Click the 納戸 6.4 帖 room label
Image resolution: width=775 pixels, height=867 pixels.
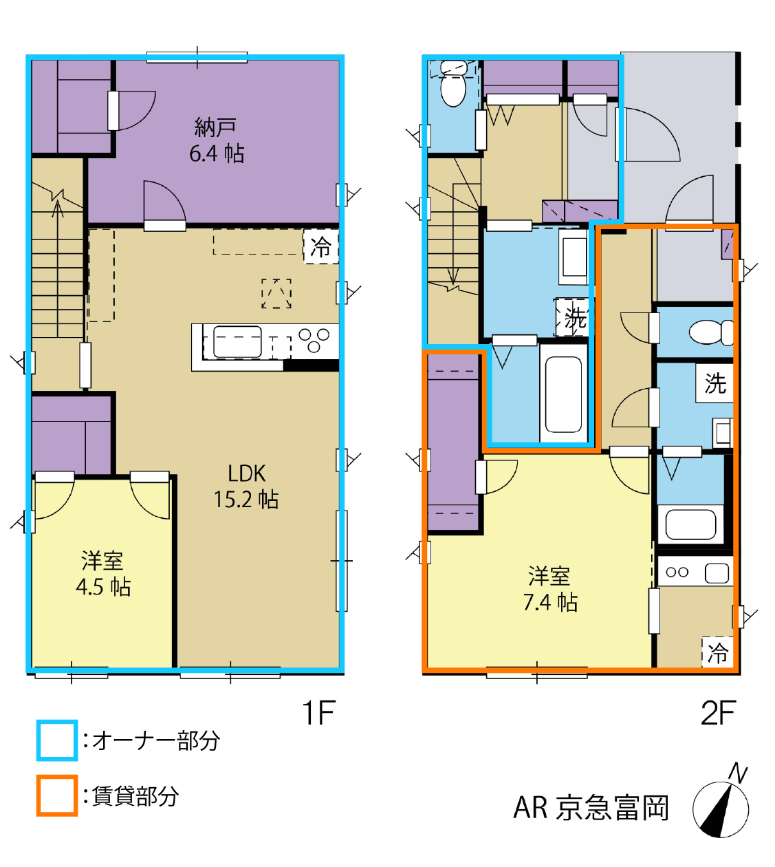[x=217, y=140]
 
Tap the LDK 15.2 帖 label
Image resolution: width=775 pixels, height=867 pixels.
[x=246, y=486]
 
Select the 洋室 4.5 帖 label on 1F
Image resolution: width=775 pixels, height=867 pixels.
[x=103, y=574]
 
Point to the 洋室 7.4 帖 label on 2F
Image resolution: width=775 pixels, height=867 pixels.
[x=550, y=589]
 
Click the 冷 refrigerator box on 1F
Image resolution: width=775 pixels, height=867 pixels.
[x=320, y=246]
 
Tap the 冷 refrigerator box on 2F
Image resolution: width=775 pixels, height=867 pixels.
[x=718, y=653]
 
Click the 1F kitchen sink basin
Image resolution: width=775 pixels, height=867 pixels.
[x=237, y=342]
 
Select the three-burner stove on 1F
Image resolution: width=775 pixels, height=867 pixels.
[x=314, y=340]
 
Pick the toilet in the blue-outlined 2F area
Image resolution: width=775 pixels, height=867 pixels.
[x=453, y=83]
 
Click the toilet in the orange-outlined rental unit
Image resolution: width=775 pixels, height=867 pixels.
[x=711, y=332]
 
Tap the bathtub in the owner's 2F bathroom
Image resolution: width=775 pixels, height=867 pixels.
[x=563, y=394]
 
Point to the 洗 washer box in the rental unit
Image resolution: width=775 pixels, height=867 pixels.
[x=714, y=383]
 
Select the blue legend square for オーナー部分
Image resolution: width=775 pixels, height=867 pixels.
[x=57, y=740]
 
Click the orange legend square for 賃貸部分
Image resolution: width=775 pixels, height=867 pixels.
[x=57, y=795]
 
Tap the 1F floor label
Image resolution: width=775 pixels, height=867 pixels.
[x=318, y=712]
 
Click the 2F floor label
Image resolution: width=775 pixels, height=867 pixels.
[x=718, y=712]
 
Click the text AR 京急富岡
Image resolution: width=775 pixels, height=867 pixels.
[x=591, y=809]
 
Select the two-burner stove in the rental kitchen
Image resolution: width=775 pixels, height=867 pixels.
[x=677, y=572]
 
